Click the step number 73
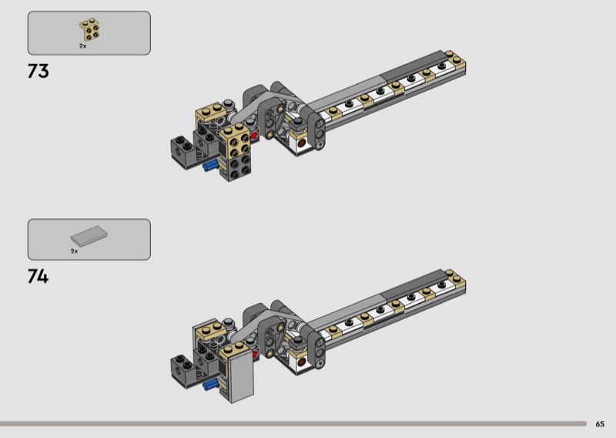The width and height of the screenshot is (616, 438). [38, 71]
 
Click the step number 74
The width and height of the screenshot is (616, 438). [38, 276]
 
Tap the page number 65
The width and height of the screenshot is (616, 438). [600, 424]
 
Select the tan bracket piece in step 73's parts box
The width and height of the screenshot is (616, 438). [89, 29]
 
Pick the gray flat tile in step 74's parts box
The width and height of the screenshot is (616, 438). [89, 236]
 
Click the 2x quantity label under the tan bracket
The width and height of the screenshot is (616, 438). [82, 46]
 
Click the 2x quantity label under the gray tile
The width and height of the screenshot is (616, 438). [74, 251]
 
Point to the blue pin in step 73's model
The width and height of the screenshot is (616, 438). [210, 166]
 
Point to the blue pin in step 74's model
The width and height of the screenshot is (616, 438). [210, 385]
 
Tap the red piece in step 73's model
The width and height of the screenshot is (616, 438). [254, 136]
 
